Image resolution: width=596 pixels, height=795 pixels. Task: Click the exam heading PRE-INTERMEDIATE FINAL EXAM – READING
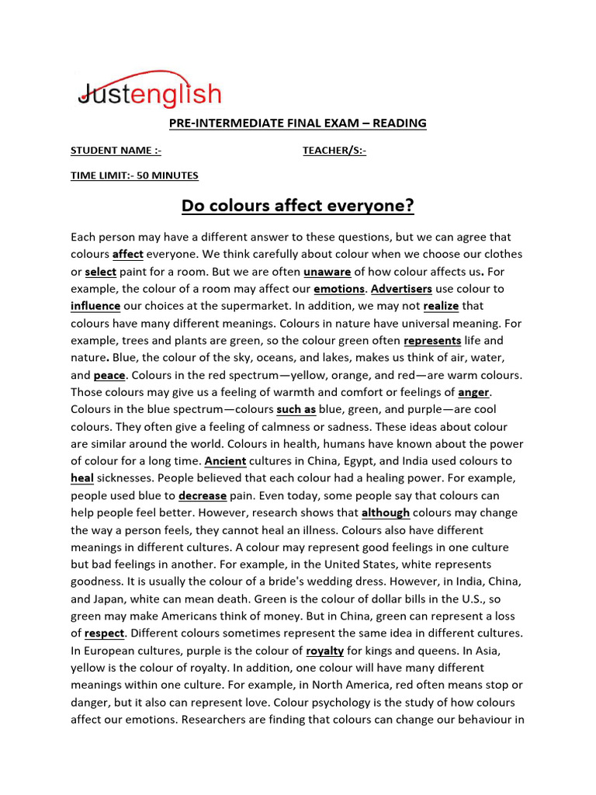coord(298,123)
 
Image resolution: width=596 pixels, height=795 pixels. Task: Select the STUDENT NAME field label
coord(116,151)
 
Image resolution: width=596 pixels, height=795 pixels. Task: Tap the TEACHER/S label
coord(334,151)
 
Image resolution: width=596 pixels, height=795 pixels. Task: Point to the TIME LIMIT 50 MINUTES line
coord(134,175)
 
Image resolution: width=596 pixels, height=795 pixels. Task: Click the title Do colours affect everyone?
coord(298,207)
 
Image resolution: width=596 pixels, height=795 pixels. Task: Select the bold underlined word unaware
coord(327,272)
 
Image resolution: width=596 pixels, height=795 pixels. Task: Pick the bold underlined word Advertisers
coord(401,289)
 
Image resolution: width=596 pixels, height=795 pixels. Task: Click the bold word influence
coord(95,306)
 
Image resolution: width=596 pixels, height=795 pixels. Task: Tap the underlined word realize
coord(442,306)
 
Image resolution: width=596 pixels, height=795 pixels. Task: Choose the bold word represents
coord(432,341)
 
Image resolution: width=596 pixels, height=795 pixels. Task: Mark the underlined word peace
coord(109,375)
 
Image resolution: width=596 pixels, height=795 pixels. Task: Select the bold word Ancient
coord(225,461)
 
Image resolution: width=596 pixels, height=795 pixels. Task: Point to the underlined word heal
coord(82,478)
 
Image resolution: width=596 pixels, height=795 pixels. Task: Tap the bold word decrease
coord(203,495)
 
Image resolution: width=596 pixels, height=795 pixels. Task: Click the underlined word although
coord(386,512)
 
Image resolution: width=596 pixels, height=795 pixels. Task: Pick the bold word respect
coord(104,634)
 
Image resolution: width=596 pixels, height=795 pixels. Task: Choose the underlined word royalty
coord(324,651)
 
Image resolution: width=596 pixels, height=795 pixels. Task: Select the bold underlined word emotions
coord(339,289)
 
